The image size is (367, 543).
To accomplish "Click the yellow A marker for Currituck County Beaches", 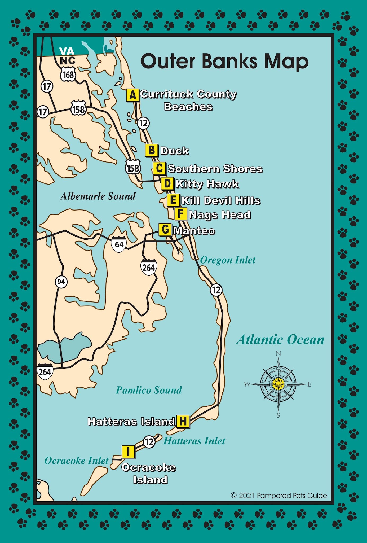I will point(133,95).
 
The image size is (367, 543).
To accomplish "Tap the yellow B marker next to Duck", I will point(152,150).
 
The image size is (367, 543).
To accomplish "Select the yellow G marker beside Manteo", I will point(165,230).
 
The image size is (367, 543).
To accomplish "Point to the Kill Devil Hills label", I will point(220,201).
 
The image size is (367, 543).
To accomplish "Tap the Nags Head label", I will point(220,215).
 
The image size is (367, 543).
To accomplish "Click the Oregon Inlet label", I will point(228,260).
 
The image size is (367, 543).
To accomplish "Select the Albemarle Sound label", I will point(98,196).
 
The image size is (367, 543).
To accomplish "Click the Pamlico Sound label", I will point(149,390).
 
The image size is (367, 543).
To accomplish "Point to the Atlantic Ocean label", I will point(280,340).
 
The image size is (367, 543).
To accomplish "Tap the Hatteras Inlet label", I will point(194,441).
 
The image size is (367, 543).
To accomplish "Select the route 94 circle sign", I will point(61,282).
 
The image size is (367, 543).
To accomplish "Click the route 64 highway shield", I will point(119,244).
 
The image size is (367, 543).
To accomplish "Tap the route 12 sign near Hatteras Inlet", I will point(149,442).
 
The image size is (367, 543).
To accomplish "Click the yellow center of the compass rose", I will point(278,384).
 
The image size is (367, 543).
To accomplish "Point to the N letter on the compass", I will point(278,354).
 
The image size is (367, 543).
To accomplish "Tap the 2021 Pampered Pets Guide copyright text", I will point(279,496).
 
